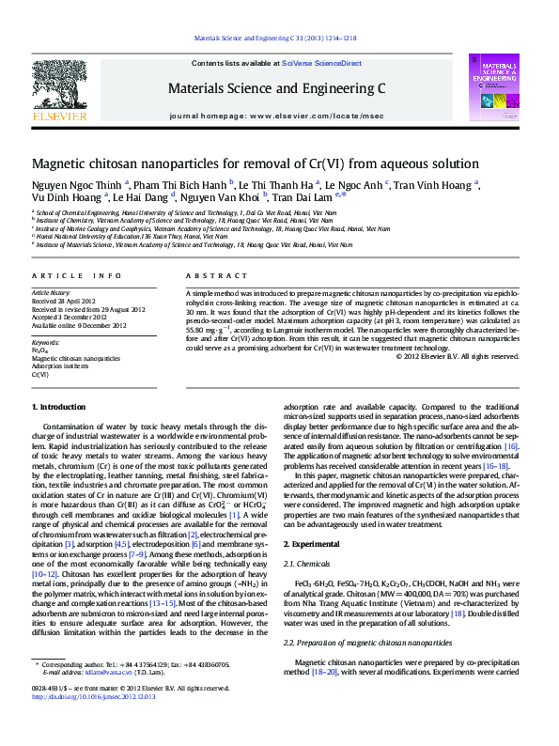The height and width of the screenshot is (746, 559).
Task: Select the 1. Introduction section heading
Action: (x=60, y=407)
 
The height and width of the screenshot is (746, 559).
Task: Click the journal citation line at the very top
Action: (x=274, y=39)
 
